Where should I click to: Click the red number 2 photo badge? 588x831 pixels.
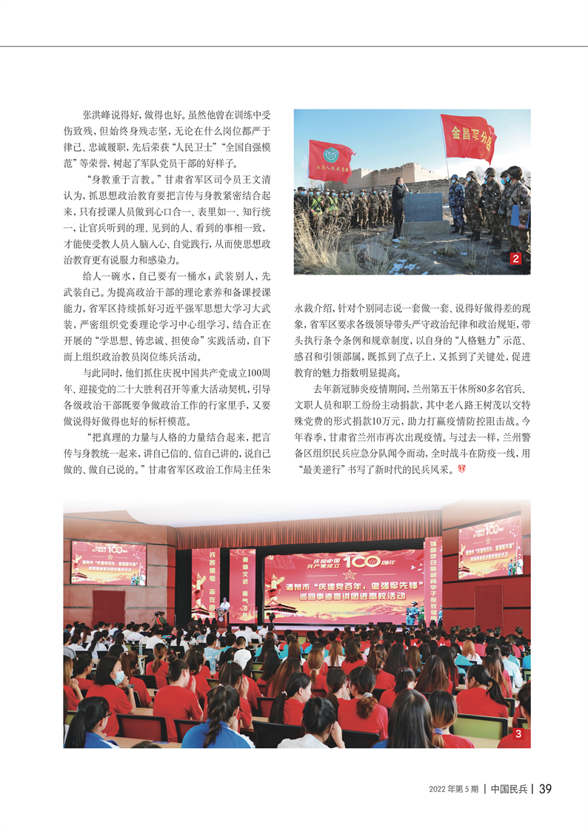pos(516,259)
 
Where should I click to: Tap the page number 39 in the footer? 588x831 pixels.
pos(545,789)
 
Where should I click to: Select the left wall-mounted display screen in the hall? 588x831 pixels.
pos(108,562)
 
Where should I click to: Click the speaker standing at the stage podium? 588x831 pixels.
pos(224,608)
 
